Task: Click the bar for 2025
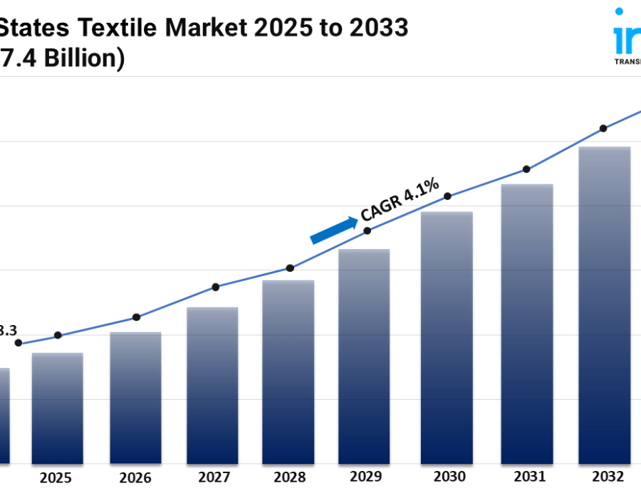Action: pyautogui.click(x=57, y=408)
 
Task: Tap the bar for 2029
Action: pyautogui.click(x=364, y=356)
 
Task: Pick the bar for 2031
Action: pyautogui.click(x=527, y=324)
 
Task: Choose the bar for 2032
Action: pyautogui.click(x=604, y=305)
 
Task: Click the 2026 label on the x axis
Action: pyautogui.click(x=135, y=477)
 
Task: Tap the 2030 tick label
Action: pyautogui.click(x=449, y=477)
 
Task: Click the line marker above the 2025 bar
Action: pyautogui.click(x=58, y=335)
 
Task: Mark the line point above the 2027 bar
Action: pyautogui.click(x=216, y=287)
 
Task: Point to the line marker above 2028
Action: pyautogui.click(x=290, y=268)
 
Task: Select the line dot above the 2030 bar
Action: pyautogui.click(x=448, y=196)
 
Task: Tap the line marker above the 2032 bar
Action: pyautogui.click(x=603, y=128)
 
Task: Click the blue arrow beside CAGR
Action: pyautogui.click(x=334, y=231)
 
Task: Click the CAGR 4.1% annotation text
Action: pyautogui.click(x=400, y=201)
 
